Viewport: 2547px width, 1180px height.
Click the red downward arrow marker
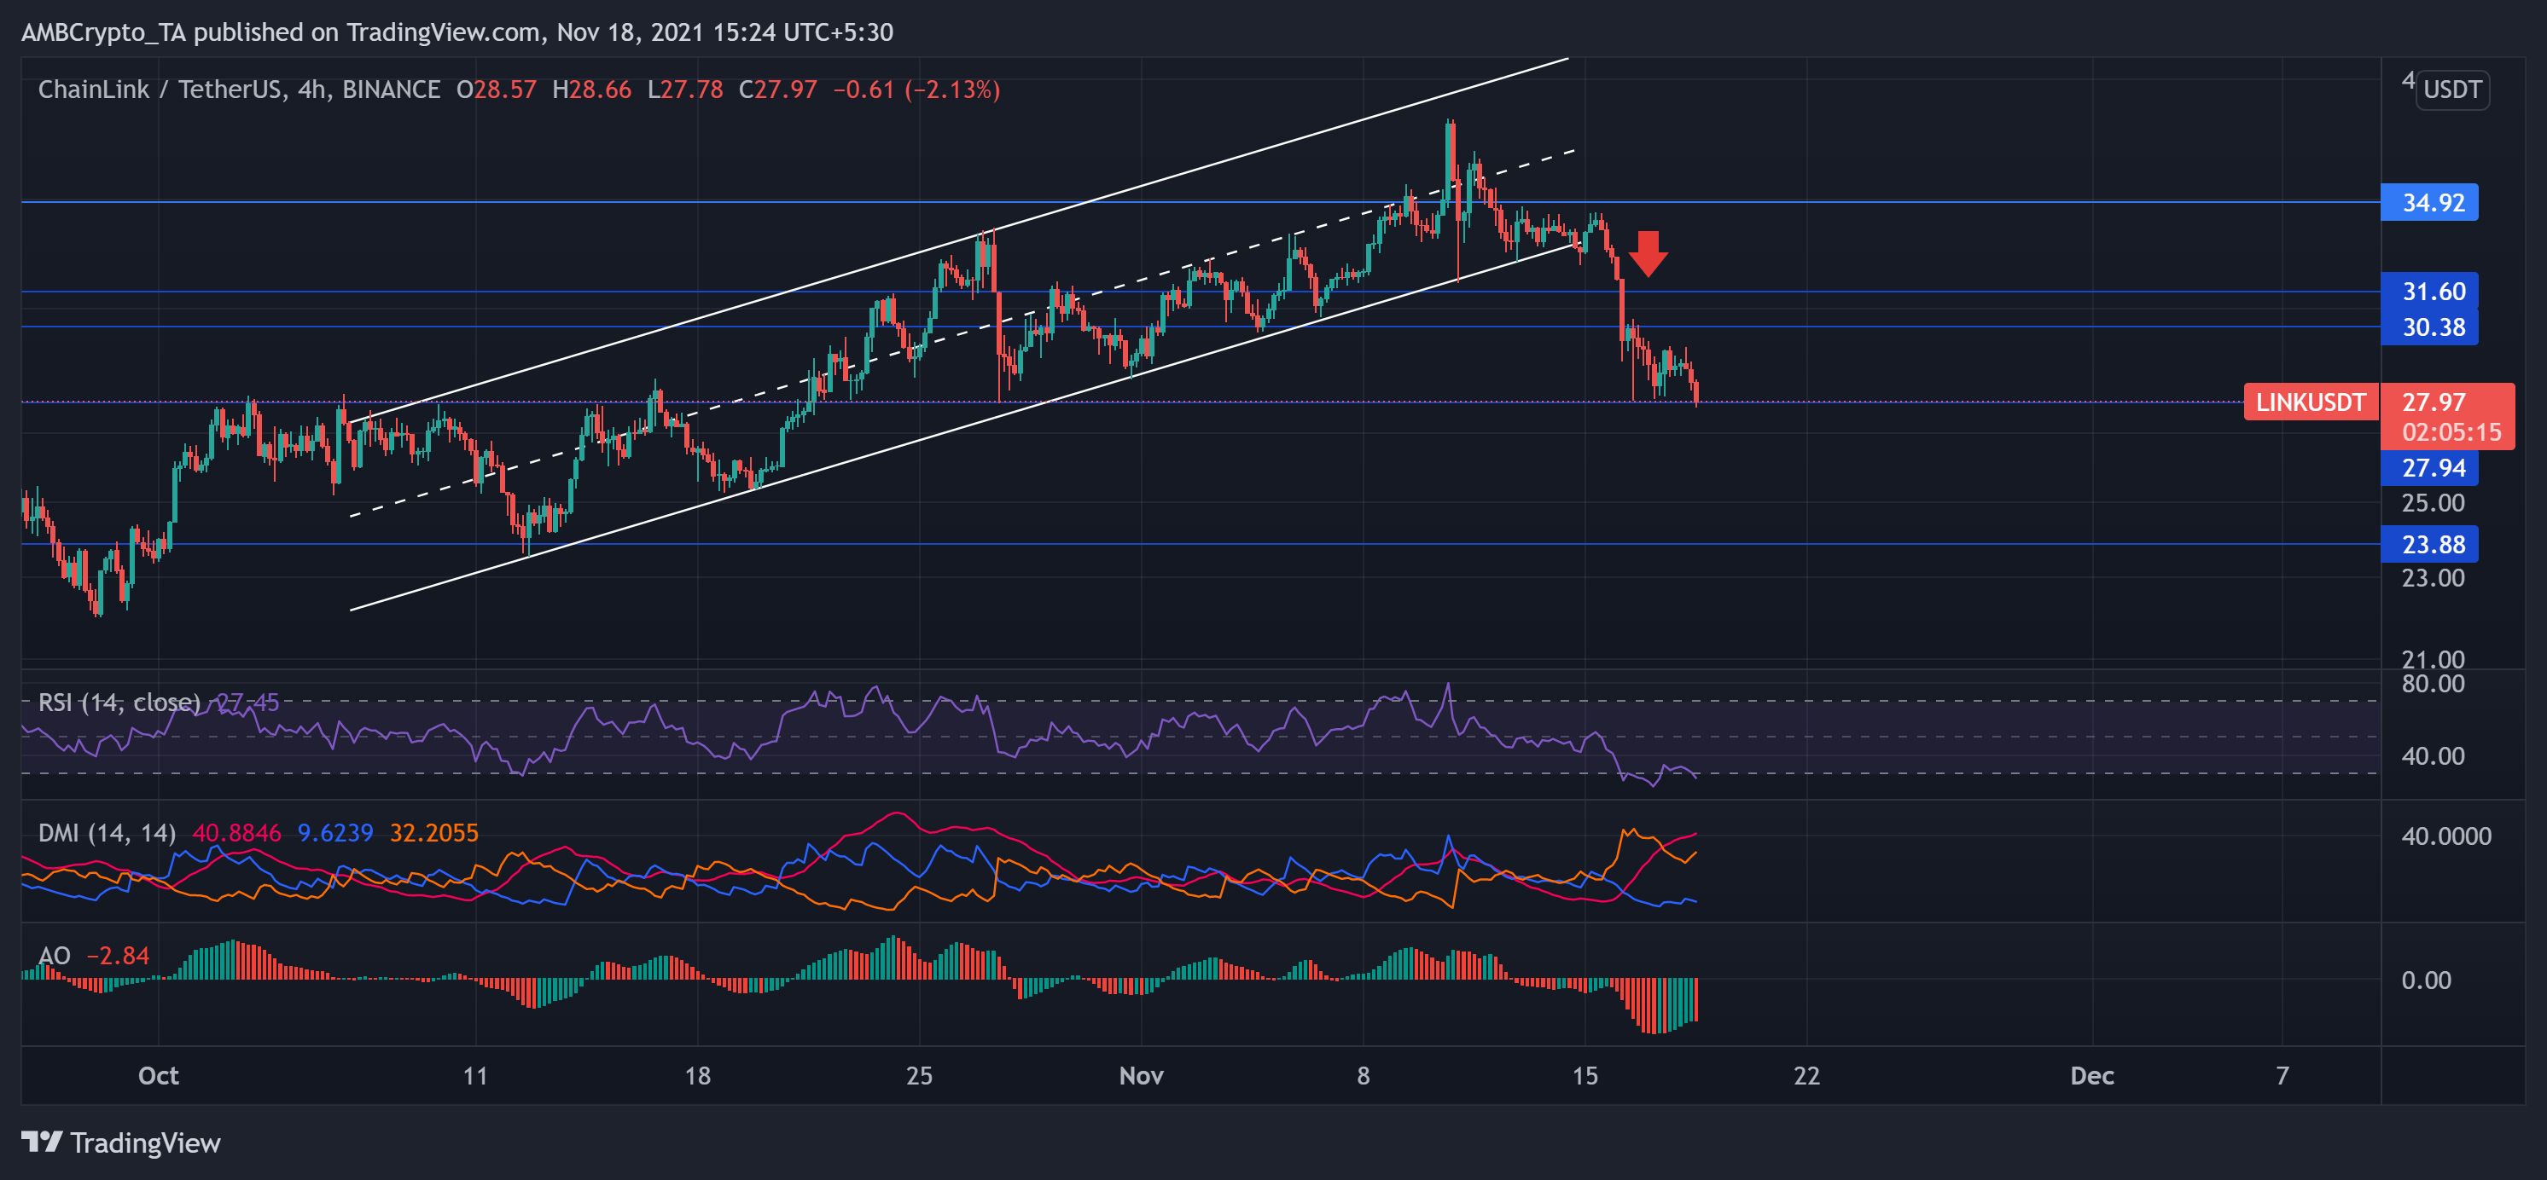1648,254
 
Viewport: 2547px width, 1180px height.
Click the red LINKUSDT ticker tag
2310,402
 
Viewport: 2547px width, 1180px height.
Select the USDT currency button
2452,90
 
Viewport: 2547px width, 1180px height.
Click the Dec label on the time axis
2091,1075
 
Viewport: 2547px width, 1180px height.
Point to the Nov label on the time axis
1141,1075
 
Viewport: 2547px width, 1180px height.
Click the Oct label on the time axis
158,1075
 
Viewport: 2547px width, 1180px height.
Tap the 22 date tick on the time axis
1806,1075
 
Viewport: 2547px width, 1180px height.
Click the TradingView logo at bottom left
120,1142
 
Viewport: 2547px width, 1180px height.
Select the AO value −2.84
118,956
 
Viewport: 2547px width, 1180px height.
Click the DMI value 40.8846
236,833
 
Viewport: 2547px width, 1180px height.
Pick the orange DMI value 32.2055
433,833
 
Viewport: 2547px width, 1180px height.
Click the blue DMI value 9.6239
335,833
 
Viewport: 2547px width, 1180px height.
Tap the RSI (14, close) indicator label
119,703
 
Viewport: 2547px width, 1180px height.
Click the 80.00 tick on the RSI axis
2433,684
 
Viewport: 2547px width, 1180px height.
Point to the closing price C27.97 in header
778,90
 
